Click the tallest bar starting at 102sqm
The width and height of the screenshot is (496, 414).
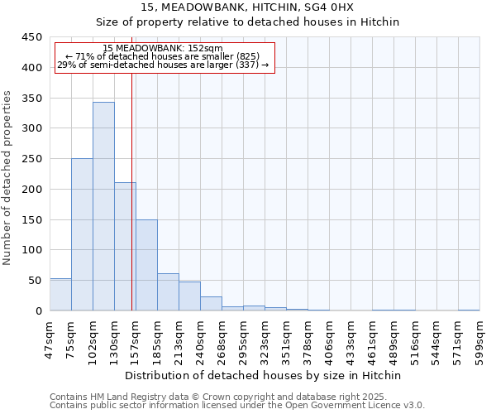coord(103,206)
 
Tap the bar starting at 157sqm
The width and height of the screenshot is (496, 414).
coord(146,265)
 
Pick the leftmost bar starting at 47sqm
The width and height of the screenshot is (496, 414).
coord(60,295)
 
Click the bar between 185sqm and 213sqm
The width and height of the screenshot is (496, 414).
coord(168,292)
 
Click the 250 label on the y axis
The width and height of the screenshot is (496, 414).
coord(32,159)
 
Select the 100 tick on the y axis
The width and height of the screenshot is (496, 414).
coord(32,250)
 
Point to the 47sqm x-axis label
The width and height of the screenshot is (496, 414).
coord(50,338)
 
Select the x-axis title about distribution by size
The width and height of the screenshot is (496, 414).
coord(265,375)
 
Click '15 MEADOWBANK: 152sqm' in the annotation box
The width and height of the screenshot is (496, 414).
coord(163,49)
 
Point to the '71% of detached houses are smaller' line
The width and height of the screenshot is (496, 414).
coord(163,56)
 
